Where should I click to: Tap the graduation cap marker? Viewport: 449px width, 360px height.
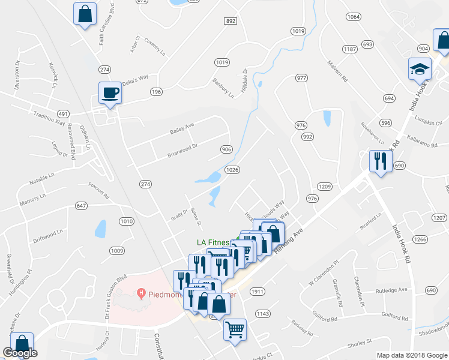[x=420, y=69]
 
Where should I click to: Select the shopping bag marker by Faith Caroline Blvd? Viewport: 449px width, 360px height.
[x=85, y=14]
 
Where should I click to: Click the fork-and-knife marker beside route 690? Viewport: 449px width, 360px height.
[x=381, y=161]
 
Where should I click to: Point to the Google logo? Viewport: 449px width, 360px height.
[x=20, y=353]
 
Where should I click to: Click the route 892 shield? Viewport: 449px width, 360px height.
[x=231, y=20]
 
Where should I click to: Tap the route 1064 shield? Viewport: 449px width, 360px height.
[x=354, y=17]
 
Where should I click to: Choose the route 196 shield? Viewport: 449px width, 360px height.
[x=157, y=91]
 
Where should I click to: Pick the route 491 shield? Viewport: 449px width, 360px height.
[x=62, y=113]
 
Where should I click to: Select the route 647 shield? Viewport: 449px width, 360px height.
[x=82, y=206]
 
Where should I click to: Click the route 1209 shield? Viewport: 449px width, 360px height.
[x=325, y=187]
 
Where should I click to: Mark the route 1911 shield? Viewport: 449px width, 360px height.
[x=258, y=292]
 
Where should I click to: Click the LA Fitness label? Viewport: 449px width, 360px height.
[x=214, y=242]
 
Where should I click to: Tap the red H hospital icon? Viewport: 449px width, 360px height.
[x=142, y=293]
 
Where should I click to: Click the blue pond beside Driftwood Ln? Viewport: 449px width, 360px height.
[x=100, y=229]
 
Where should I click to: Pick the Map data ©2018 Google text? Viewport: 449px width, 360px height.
[x=411, y=355]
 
